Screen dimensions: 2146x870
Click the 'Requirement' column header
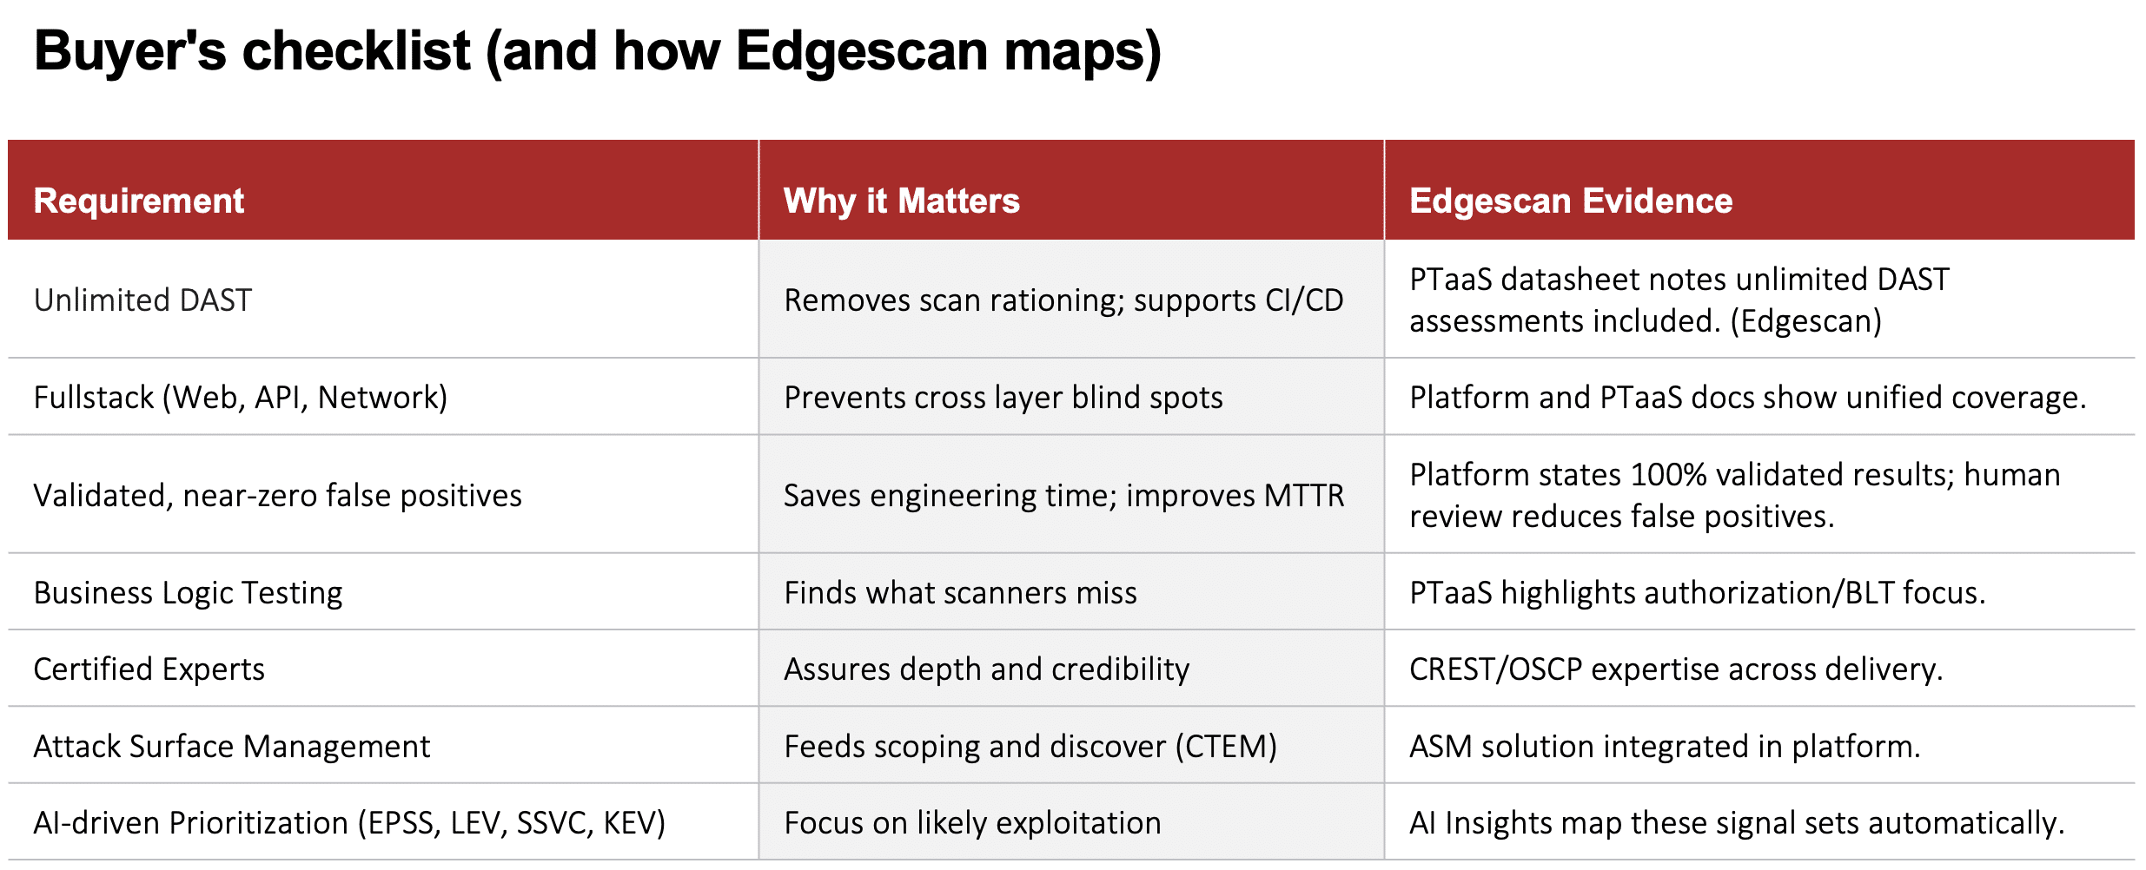tap(139, 201)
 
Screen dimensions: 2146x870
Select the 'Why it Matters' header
tap(902, 201)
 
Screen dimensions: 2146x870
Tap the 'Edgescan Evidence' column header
tap(1571, 201)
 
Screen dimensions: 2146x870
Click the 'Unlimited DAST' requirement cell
tap(142, 300)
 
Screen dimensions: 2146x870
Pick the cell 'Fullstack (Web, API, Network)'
tap(241, 398)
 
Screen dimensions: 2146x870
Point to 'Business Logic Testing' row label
tap(189, 593)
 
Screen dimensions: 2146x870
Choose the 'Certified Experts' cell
tap(149, 669)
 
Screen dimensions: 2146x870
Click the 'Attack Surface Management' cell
tap(232, 747)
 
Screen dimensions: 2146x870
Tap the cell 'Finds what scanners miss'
tap(960, 593)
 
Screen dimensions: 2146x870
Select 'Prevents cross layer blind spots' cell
tap(1003, 398)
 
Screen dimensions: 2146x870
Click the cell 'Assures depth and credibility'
tap(987, 669)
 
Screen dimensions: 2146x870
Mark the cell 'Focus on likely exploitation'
tap(972, 823)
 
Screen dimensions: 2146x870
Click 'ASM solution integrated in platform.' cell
tap(1665, 747)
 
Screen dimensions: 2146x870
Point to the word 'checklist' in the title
tap(356, 50)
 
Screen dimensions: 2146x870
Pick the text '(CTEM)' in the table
tap(1226, 747)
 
